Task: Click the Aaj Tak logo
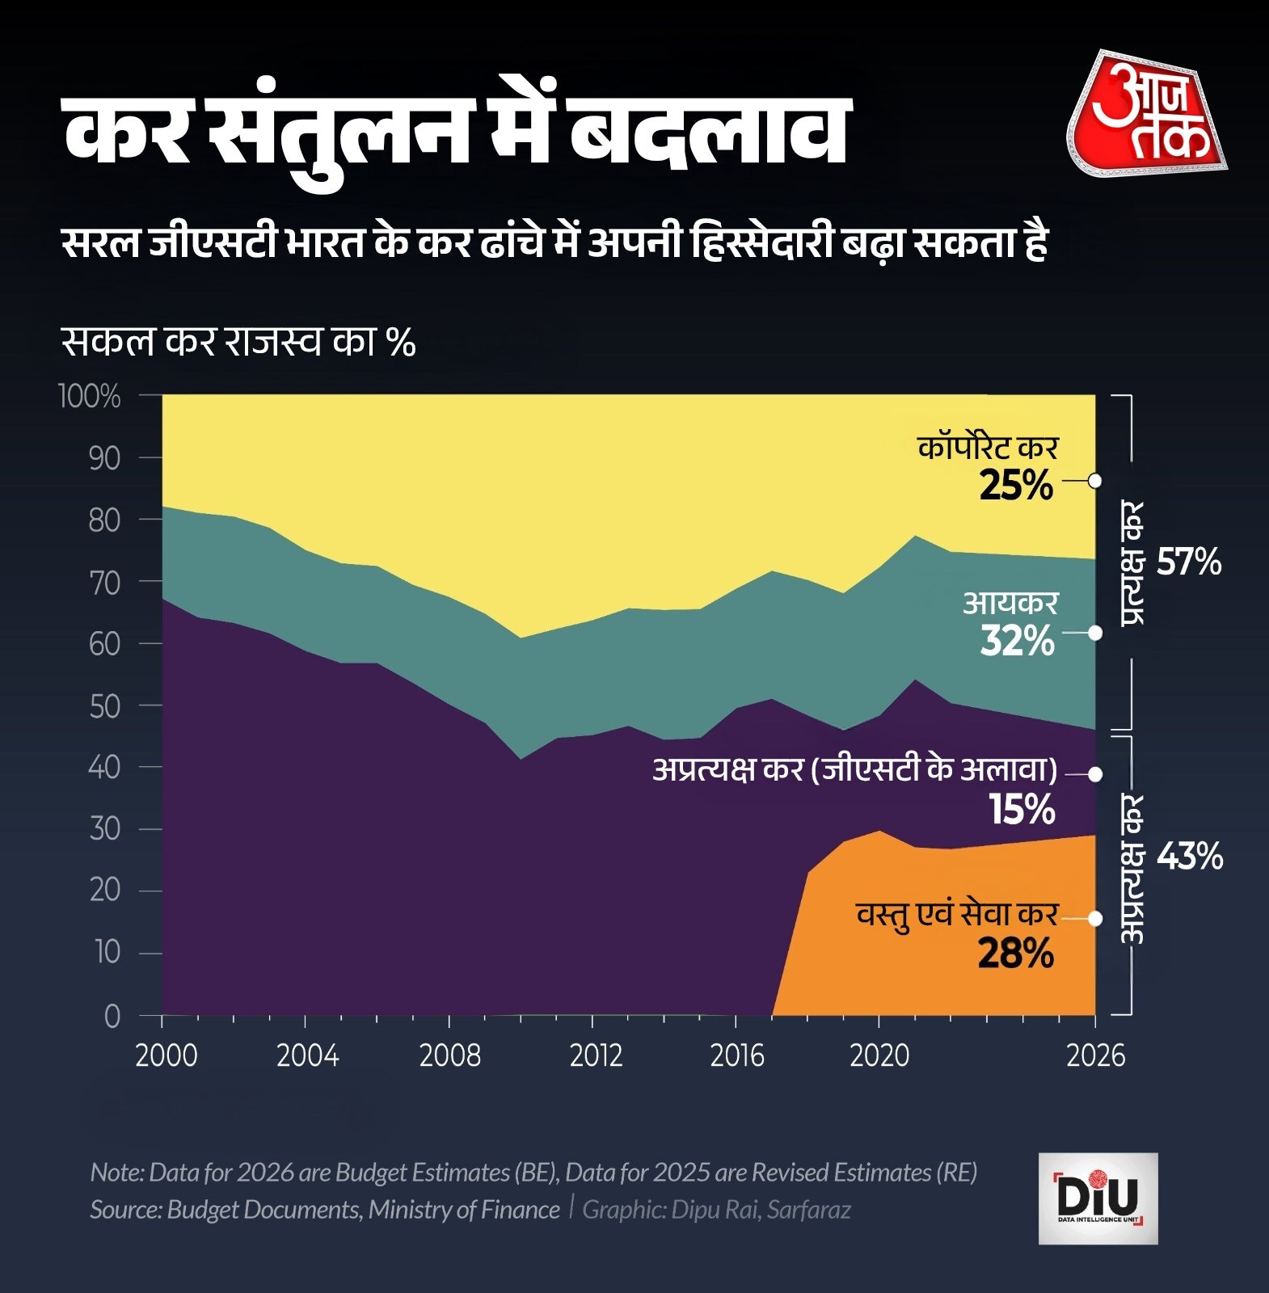1148,114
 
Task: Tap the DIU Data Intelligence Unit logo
1098,1198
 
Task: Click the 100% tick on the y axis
90,396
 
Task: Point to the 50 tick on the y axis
103,706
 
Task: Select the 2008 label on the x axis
449,1055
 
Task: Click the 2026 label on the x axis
1095,1055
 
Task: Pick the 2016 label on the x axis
736,1055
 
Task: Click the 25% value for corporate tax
1016,486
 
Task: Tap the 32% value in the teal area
1017,642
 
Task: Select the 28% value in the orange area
1015,954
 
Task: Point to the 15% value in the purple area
1022,810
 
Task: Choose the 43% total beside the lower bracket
1189,857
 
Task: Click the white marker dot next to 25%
1095,481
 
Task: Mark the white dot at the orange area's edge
1095,919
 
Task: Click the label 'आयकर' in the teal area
1010,603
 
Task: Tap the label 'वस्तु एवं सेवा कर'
957,914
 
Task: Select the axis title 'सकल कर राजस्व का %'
238,342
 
